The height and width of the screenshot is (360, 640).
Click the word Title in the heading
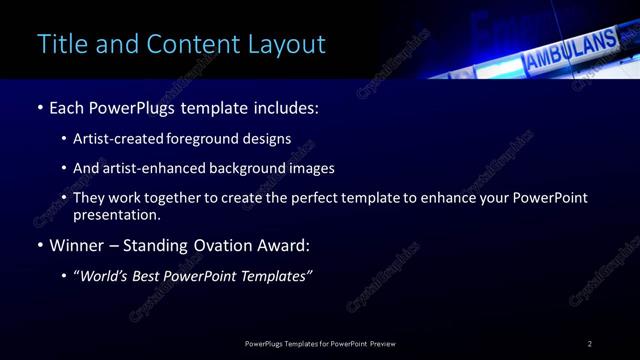click(x=61, y=45)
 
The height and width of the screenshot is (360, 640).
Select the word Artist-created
click(x=113, y=139)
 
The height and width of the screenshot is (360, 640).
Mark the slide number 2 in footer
click(x=590, y=343)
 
